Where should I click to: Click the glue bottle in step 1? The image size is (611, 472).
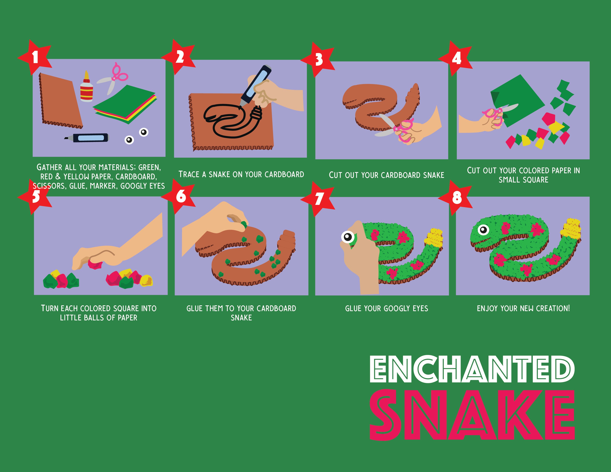point(86,87)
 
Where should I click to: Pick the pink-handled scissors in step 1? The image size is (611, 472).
point(113,78)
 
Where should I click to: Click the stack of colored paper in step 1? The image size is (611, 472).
point(125,104)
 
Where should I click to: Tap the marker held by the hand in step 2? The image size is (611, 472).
point(255,85)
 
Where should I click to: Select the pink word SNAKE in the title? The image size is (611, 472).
point(472,415)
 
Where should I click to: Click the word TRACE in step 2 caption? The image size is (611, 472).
point(189,174)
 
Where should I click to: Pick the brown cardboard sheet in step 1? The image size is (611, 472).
point(60,101)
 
